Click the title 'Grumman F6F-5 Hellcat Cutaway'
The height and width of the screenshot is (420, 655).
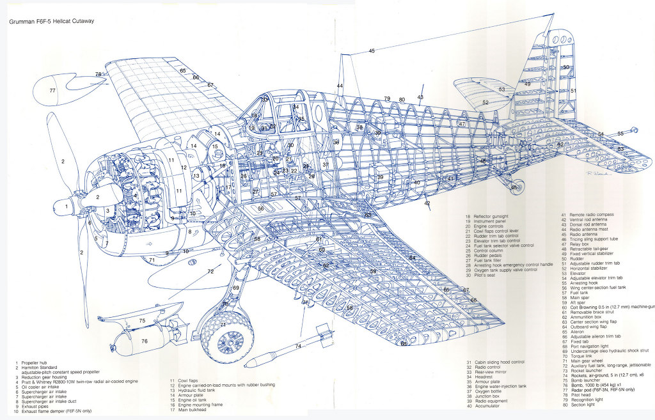tap(51, 21)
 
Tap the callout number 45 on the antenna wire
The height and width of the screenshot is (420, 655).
tap(372, 51)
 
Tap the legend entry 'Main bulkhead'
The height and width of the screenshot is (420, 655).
tap(193, 409)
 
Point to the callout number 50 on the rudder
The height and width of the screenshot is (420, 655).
tap(565, 67)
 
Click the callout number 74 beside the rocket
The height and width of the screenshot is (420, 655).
tap(297, 346)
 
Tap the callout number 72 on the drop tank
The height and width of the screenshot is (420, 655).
tap(210, 272)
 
